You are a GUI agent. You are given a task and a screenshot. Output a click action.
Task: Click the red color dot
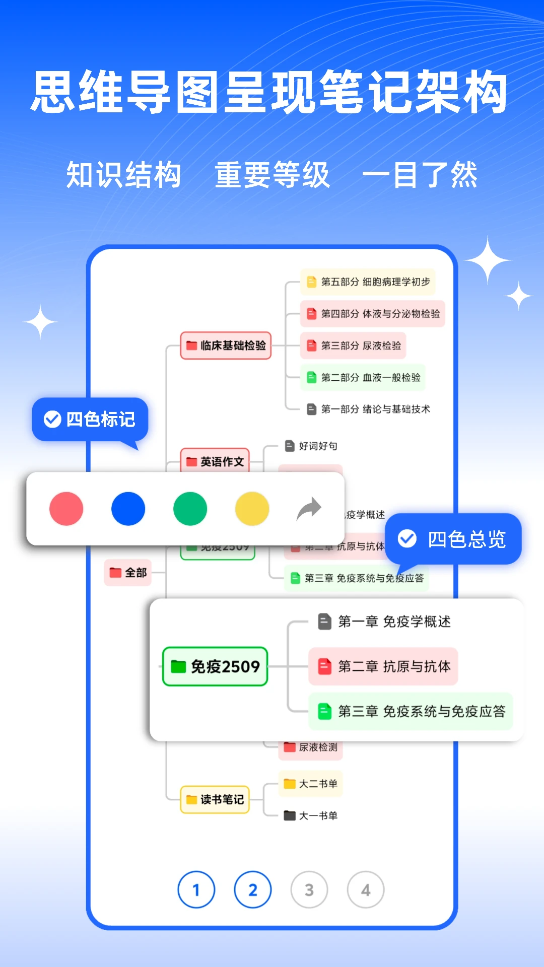tap(66, 509)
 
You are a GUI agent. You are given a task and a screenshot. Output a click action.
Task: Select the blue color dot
tap(128, 509)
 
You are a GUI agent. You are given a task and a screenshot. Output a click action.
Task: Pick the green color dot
tap(190, 509)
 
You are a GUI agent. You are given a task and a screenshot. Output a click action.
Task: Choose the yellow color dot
tap(252, 509)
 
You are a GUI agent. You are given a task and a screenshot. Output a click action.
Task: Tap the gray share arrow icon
tap(309, 509)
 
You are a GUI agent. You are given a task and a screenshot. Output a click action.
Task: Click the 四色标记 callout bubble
tap(90, 419)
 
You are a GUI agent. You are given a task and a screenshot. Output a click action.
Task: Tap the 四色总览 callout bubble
tap(453, 539)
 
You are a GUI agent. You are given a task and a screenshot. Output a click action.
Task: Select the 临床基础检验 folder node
tap(226, 346)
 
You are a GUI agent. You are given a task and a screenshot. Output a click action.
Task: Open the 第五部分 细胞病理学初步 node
tap(368, 282)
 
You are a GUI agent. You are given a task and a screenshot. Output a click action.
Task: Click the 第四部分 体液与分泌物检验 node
tap(373, 314)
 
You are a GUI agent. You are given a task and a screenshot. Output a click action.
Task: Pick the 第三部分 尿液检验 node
tap(353, 346)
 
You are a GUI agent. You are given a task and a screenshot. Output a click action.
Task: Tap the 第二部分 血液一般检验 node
tap(363, 377)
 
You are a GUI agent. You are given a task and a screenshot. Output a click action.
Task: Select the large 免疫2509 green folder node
tap(215, 666)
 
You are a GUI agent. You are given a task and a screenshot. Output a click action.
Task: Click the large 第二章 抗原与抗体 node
tap(383, 666)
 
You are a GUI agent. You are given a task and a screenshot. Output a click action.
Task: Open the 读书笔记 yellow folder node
tap(215, 799)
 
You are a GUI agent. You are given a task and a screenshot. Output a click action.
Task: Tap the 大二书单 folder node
tap(310, 784)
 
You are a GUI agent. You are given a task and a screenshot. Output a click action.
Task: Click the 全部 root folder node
tap(128, 573)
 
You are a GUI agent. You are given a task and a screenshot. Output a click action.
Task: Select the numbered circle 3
tap(309, 890)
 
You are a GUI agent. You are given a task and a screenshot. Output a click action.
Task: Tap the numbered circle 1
tap(196, 890)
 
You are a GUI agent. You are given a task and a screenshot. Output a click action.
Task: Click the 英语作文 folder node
tap(215, 461)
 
